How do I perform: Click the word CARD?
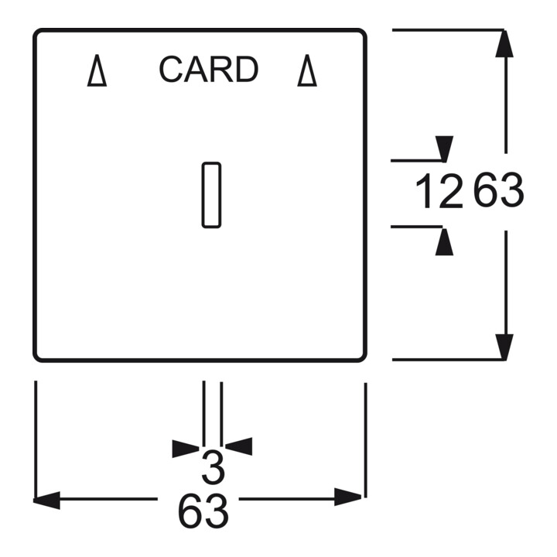point(209,70)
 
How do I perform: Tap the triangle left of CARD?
point(97,70)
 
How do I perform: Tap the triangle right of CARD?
point(307,70)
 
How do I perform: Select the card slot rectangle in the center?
point(211,195)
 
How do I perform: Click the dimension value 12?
point(439,191)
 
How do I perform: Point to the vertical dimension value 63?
point(499,190)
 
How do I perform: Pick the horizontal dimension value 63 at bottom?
point(203,511)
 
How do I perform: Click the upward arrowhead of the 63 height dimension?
point(504,43)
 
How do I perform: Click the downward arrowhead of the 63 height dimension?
point(504,347)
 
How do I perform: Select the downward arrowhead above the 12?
point(444,149)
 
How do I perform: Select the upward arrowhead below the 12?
point(444,242)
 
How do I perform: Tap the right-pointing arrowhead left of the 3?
point(186,449)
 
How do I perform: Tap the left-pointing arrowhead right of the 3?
point(239,446)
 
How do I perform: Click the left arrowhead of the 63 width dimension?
point(46,501)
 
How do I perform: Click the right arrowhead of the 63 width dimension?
point(348,497)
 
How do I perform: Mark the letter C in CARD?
point(171,70)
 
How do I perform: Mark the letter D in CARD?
point(247,70)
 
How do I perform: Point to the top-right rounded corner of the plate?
point(362,32)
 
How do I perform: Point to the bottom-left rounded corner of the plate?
point(37,358)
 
